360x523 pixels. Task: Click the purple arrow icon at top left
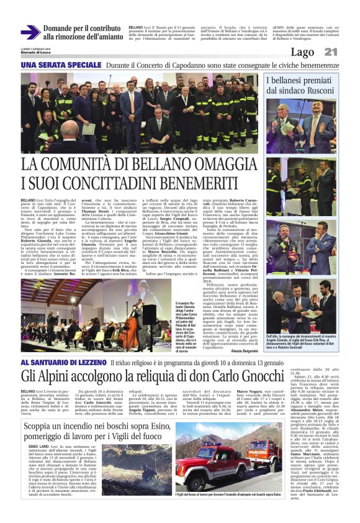30,32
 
